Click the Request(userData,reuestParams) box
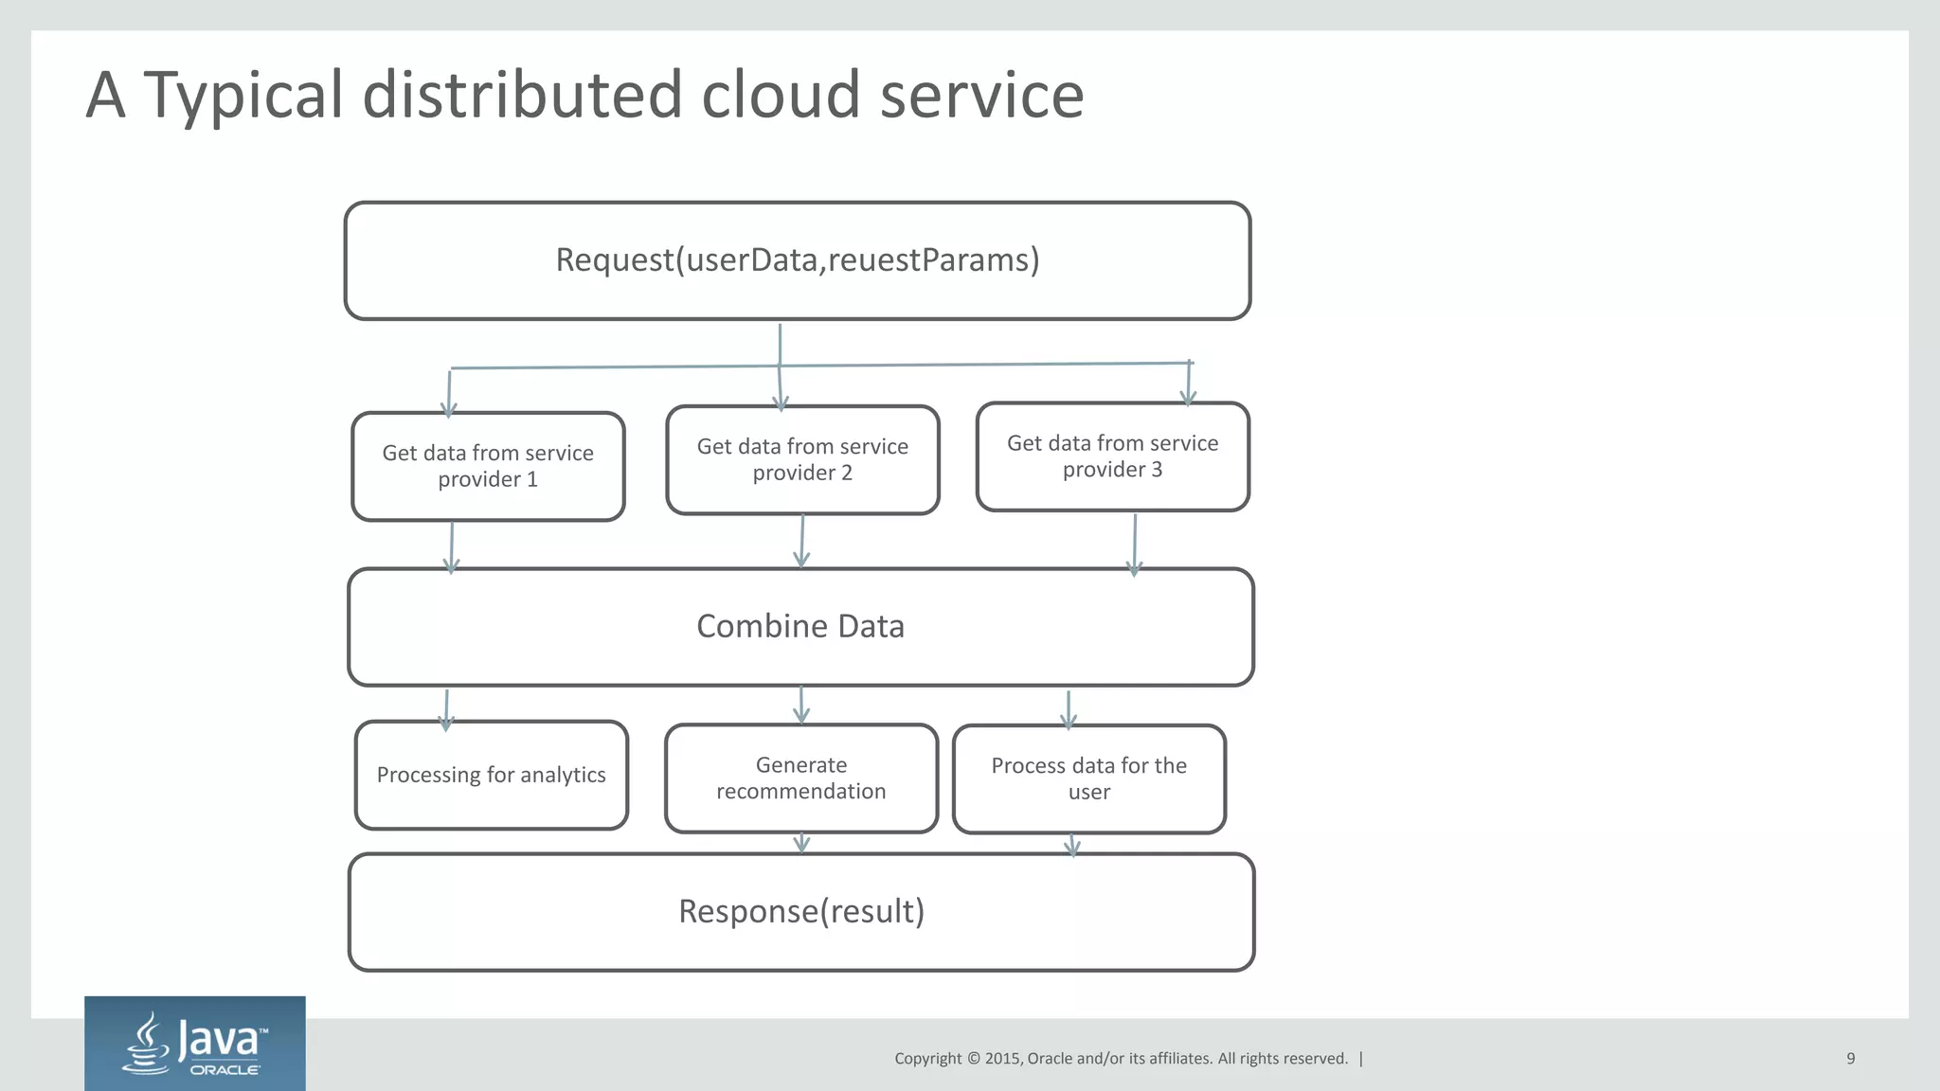(798, 260)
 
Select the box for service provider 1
(488, 466)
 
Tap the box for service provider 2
(802, 460)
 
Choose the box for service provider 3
(1112, 456)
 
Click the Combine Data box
(800, 627)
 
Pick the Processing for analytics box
(491, 775)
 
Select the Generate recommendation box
(801, 778)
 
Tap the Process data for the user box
(1088, 778)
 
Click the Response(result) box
(801, 912)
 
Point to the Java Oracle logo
(195, 1044)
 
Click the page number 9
(1850, 1059)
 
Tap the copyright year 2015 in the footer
(1002, 1059)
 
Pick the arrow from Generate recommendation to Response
(801, 843)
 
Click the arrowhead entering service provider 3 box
(1189, 395)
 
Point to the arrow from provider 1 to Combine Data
(452, 547)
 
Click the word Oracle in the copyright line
(1050, 1059)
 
